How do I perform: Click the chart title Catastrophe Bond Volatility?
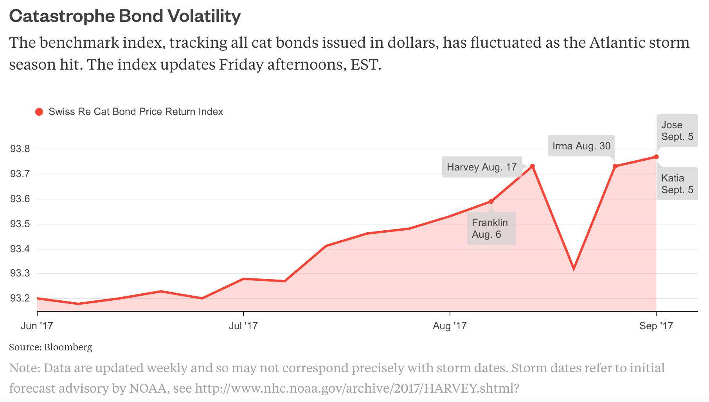(125, 16)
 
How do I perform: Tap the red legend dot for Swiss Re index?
(39, 112)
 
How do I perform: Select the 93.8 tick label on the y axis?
(20, 149)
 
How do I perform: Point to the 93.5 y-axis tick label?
(20, 224)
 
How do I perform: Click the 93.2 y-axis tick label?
(20, 298)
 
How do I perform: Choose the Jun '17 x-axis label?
(37, 326)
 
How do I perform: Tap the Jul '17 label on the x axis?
(243, 326)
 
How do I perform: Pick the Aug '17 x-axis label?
(450, 326)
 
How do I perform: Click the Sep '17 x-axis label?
(656, 326)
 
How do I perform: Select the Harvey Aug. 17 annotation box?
(482, 167)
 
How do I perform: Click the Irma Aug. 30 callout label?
(581, 146)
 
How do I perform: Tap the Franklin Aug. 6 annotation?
(491, 228)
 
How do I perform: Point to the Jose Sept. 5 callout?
(677, 131)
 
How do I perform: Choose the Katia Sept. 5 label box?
(677, 184)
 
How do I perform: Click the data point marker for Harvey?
(533, 166)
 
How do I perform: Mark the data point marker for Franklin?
(491, 201)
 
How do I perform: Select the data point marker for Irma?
(615, 166)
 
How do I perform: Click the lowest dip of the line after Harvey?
(574, 269)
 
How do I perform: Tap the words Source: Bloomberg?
(50, 347)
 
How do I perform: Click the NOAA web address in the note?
(356, 388)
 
